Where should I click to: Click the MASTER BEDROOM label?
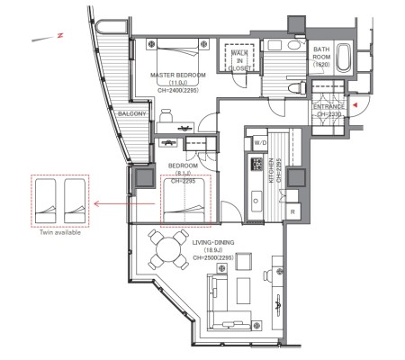(x=178, y=75)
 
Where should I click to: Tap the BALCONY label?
(x=132, y=114)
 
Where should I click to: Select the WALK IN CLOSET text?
(x=239, y=60)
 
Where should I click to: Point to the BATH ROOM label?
(x=321, y=53)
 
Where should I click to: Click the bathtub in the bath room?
(x=344, y=58)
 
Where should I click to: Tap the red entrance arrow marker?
(x=355, y=105)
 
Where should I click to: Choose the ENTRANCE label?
(x=328, y=107)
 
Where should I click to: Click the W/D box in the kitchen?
(x=260, y=143)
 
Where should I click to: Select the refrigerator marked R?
(x=292, y=211)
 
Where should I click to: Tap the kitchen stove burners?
(x=256, y=164)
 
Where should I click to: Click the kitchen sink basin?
(x=256, y=201)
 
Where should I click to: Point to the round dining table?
(x=168, y=249)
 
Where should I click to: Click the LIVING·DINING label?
(x=213, y=242)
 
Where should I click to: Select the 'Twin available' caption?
(x=60, y=232)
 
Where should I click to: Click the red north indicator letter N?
(x=60, y=35)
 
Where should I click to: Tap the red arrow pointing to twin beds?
(x=124, y=204)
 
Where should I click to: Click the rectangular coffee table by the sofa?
(x=243, y=291)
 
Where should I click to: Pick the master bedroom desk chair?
(x=166, y=115)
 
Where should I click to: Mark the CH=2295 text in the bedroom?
(x=183, y=181)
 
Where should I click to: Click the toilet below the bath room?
(x=297, y=88)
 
